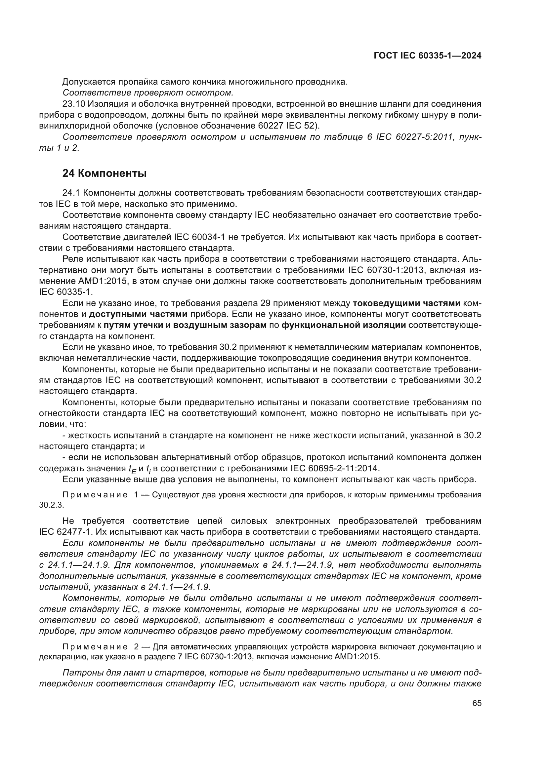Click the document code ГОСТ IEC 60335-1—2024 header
427,56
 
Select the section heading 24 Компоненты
105,174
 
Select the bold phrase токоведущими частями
406,303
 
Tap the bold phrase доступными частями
139,314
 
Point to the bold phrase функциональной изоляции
344,325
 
